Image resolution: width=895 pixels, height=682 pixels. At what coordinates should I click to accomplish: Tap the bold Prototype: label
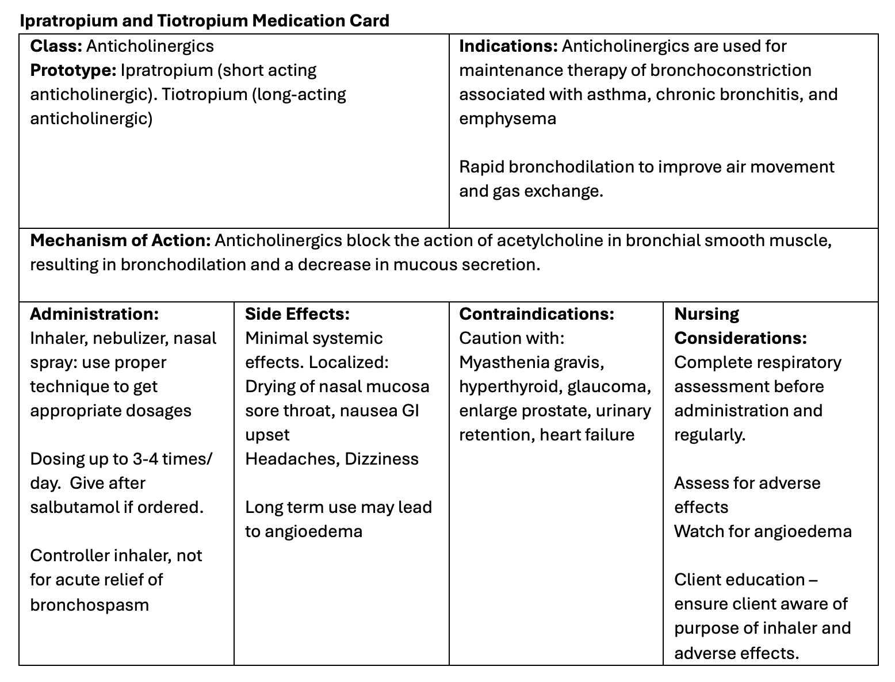(73, 70)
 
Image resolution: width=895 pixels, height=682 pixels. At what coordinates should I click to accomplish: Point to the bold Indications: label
(508, 46)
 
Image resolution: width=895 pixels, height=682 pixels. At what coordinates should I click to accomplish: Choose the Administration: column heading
(94, 314)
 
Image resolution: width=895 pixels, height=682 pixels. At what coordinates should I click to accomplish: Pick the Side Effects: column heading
(297, 314)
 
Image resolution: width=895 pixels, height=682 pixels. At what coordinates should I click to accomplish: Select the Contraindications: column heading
(536, 314)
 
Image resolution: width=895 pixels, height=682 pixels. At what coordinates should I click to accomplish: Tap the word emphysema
(507, 118)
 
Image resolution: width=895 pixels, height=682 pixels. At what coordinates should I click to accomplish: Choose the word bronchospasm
(89, 605)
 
